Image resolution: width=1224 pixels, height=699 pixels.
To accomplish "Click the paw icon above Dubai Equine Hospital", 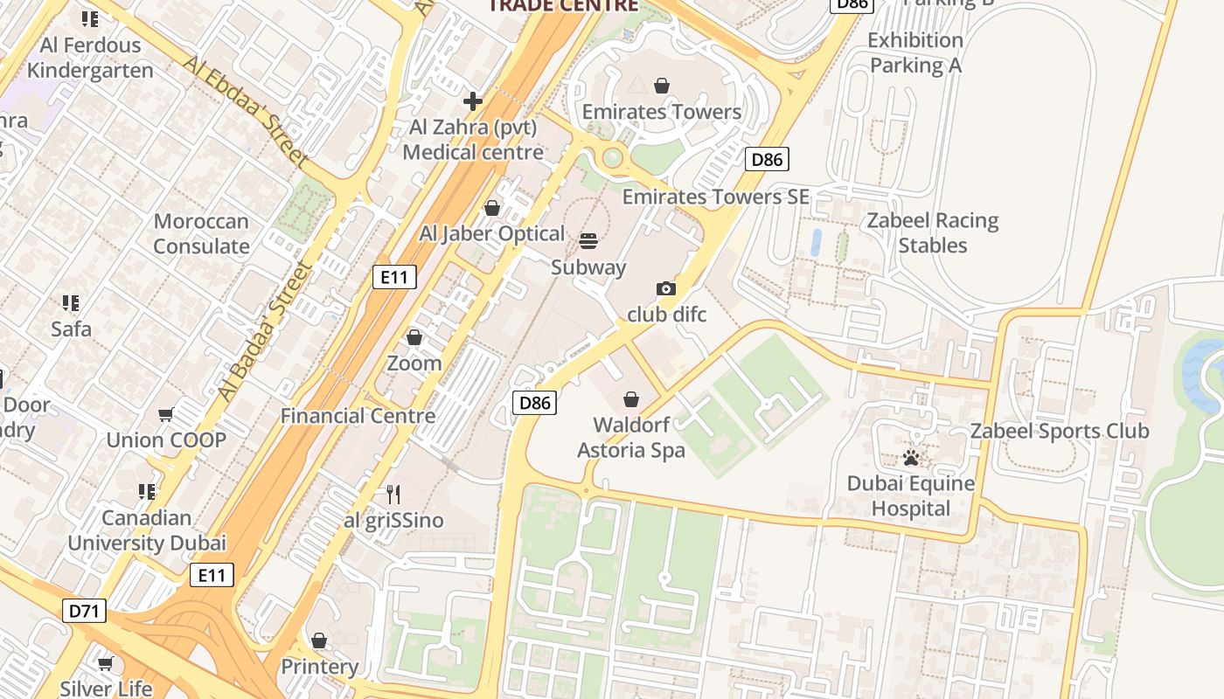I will [x=911, y=457].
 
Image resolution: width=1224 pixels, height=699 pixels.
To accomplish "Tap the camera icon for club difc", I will [x=665, y=288].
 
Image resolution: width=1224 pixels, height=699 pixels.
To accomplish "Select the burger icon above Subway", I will [x=588, y=241].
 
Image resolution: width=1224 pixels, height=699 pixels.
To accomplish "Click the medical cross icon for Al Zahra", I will [x=473, y=101].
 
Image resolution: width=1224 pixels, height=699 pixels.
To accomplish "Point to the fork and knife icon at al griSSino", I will [x=393, y=495].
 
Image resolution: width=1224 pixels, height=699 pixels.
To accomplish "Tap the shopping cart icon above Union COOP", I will [x=165, y=414].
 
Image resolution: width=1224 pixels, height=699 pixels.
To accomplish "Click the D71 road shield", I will [x=84, y=611].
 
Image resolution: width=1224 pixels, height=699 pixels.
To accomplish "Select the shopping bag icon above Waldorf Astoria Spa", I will [x=631, y=399].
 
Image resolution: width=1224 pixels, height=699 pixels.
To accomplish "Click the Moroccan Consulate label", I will [x=201, y=234].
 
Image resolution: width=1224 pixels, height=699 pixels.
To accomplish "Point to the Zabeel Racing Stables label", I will [x=933, y=232].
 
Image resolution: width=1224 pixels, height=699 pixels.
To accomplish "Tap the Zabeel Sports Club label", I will [x=1060, y=431].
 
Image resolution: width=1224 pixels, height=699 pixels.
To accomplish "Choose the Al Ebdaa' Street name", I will [x=246, y=111].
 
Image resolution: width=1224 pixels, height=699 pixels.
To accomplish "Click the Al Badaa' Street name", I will [x=265, y=332].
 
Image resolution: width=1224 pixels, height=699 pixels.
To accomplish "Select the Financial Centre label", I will [x=358, y=416].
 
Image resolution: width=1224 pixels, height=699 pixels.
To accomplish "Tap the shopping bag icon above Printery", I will [x=319, y=641].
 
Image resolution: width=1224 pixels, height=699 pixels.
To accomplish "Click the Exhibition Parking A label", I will [x=915, y=52].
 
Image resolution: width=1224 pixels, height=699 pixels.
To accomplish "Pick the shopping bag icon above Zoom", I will [x=414, y=337].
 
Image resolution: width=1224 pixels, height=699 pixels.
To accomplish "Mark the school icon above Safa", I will [x=71, y=303].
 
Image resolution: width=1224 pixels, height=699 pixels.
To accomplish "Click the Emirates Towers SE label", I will [x=715, y=197].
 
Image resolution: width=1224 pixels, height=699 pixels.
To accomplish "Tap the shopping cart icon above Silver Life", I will [x=106, y=664].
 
